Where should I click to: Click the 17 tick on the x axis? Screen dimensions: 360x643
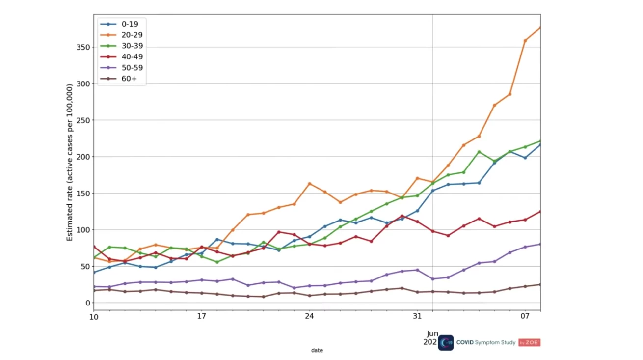coord(201,316)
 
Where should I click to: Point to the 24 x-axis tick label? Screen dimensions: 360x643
coord(309,316)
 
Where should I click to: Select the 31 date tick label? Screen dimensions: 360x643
coord(417,316)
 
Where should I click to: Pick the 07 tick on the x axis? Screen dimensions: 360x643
coord(525,316)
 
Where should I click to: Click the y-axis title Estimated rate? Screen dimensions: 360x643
coord(70,162)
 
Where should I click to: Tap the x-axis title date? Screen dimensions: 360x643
coord(317,350)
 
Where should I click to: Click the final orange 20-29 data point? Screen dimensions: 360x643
coord(540,28)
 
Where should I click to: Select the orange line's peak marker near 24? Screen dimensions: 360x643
coord(309,184)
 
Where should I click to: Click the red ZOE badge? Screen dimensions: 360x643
coord(530,342)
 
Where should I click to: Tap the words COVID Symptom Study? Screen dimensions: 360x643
coord(486,342)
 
